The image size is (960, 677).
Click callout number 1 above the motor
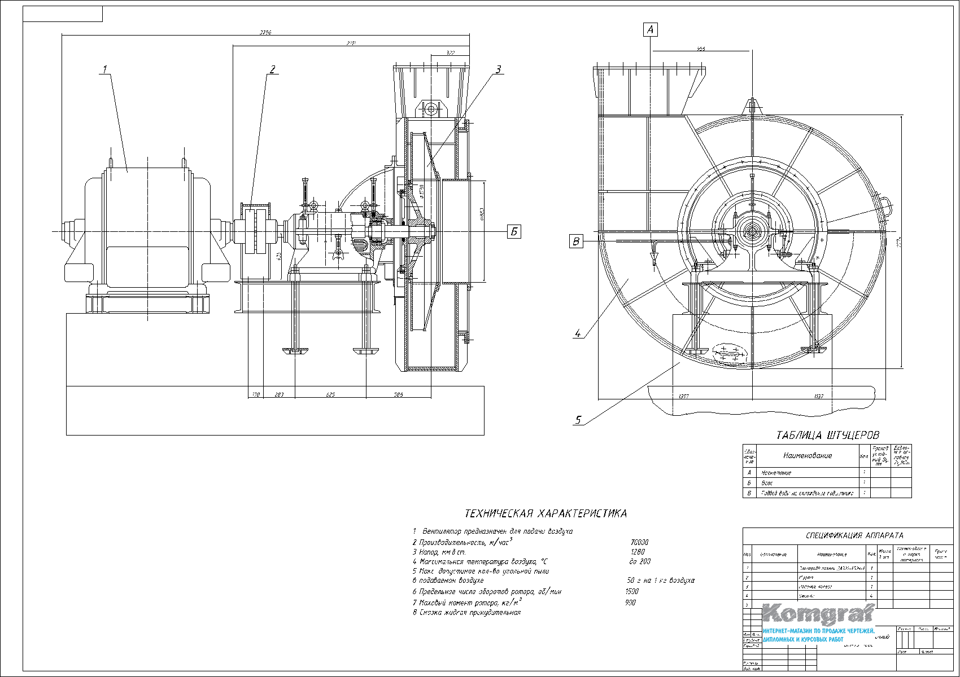[104, 69]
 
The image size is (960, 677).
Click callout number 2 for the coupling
[272, 69]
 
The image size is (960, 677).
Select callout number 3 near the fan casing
[498, 69]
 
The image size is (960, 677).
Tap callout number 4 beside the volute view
[577, 333]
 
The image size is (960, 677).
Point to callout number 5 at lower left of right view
[578, 420]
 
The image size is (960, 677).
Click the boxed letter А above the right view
[651, 29]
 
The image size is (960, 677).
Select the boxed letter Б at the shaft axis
[514, 231]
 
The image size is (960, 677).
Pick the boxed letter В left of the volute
[576, 241]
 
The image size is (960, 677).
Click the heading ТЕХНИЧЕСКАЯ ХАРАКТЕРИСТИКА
[546, 514]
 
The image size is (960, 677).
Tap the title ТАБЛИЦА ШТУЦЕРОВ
[828, 436]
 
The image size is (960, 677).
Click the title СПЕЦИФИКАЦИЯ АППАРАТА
[854, 536]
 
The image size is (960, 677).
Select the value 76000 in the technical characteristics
[639, 543]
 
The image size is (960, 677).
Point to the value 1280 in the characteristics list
[637, 552]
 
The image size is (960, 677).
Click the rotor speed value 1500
[632, 592]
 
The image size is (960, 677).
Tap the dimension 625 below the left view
[330, 395]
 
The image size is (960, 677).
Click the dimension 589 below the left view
[398, 395]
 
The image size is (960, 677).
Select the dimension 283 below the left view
[279, 395]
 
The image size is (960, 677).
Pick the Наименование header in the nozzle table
[808, 455]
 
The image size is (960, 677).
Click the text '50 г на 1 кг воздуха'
[661, 581]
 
